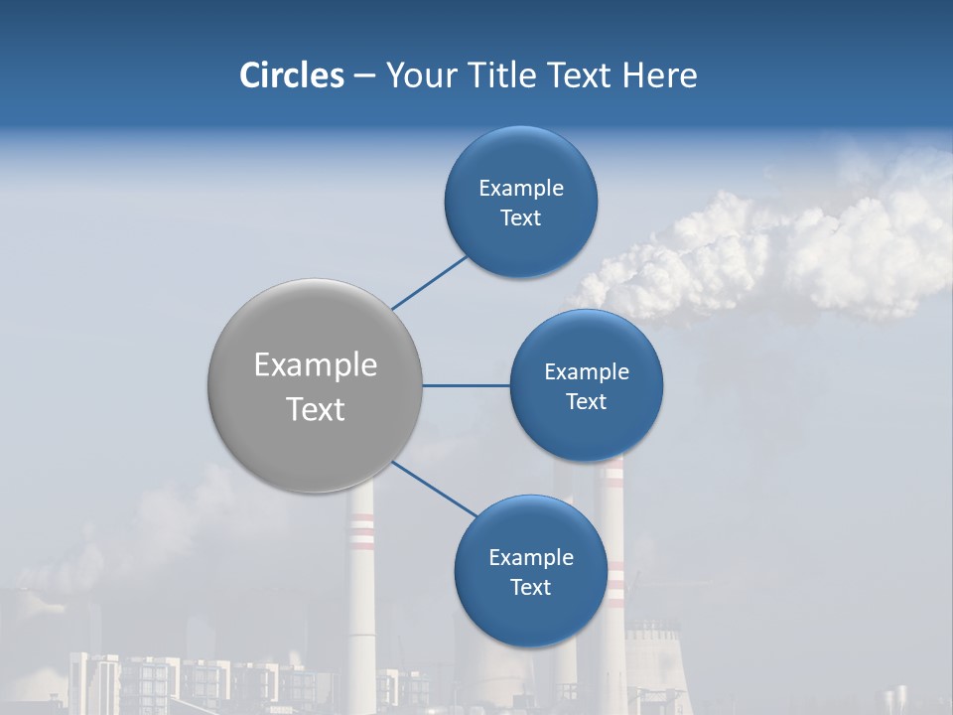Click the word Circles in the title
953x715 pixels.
coord(292,75)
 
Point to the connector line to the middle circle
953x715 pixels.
coord(466,385)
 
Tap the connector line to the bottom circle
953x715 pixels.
coord(434,489)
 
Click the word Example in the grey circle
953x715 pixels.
coord(316,365)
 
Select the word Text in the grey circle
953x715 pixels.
coord(316,409)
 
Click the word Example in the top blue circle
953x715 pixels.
coord(521,188)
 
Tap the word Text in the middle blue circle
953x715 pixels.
coord(586,401)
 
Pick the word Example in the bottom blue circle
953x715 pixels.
coord(530,557)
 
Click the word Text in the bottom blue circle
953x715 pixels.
coord(530,587)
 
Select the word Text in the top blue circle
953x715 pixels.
coord(520,217)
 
